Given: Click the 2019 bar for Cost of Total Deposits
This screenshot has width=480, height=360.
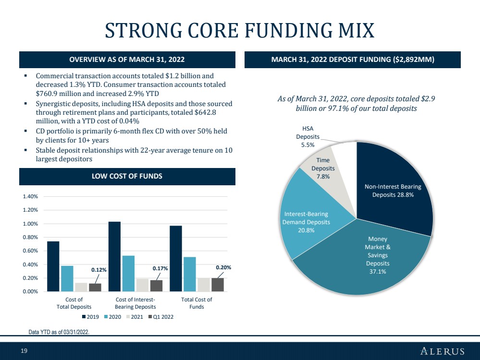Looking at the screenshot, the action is point(53,266).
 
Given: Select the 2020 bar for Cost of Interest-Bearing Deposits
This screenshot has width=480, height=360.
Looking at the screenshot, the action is point(128,274).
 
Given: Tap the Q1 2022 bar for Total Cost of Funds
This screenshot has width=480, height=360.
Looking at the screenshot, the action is point(218,285).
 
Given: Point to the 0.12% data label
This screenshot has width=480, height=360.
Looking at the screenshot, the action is point(99,270).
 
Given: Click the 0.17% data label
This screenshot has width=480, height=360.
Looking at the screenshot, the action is point(160,268).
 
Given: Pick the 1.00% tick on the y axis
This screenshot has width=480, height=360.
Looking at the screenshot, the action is point(30,224).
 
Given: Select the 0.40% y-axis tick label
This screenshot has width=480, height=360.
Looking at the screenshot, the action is point(30,264).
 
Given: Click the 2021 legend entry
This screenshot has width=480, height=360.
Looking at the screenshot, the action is point(135,317).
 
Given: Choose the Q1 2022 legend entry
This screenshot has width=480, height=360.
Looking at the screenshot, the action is point(161,317).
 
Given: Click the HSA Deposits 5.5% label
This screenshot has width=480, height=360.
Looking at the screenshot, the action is point(308,137).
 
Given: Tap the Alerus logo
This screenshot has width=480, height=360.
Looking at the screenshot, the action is point(443,351).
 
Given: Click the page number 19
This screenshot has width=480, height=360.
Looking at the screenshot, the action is point(24,351).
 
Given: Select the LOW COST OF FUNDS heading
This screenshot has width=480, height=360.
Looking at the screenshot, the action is point(127,176).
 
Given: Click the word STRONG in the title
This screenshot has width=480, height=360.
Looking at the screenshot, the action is point(143,30).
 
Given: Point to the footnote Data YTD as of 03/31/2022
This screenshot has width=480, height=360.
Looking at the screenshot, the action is point(59,332).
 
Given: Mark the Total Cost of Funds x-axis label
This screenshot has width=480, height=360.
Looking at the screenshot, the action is point(197,303).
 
